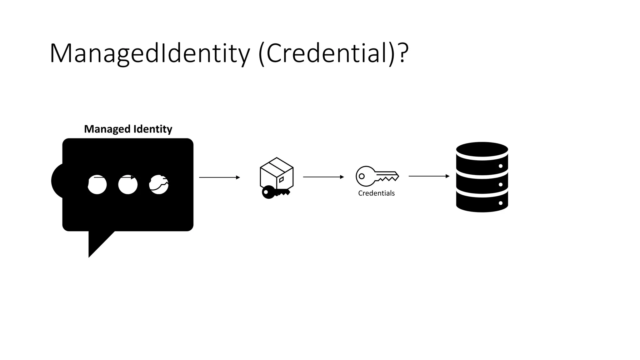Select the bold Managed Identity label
tap(128, 129)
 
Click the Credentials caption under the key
tap(376, 193)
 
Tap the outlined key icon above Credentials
tap(377, 176)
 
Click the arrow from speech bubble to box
tap(219, 177)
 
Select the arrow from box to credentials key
tap(323, 177)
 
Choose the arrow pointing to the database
tap(429, 176)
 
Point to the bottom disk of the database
tap(482, 202)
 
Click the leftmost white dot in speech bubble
tap(97, 184)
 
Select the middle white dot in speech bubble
tap(128, 184)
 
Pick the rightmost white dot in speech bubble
tap(159, 184)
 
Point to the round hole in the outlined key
tap(362, 176)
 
